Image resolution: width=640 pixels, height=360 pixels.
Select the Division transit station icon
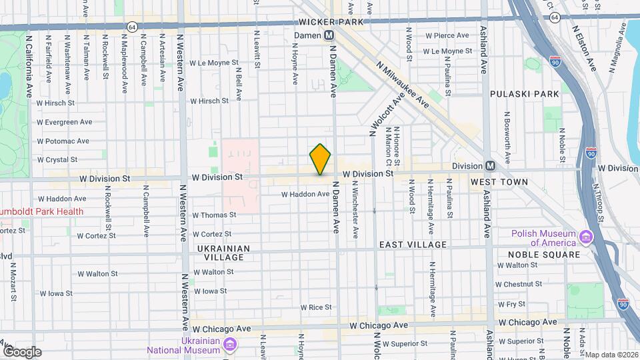click(490, 166)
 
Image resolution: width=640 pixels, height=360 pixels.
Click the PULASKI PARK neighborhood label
click(525, 94)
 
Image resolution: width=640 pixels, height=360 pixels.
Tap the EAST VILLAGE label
click(413, 245)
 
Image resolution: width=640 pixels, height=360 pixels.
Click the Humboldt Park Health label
click(41, 212)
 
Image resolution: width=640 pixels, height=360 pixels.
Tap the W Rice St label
click(316, 307)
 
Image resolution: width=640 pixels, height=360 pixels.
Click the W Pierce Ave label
click(448, 35)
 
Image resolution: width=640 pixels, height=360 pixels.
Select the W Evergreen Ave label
click(65, 122)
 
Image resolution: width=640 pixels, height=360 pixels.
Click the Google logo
click(21, 351)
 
